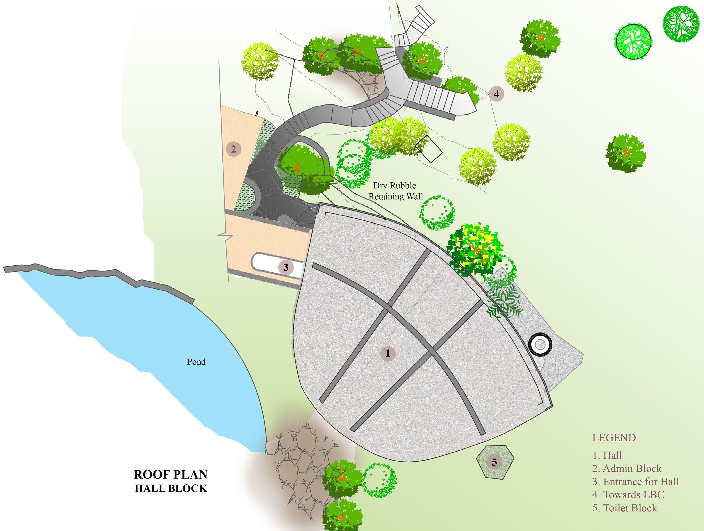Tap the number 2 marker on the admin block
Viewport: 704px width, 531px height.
click(233, 149)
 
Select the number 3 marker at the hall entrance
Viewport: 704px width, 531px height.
click(286, 267)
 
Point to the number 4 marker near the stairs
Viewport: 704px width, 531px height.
click(497, 94)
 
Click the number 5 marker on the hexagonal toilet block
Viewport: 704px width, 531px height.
click(494, 462)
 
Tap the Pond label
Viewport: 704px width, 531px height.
click(196, 362)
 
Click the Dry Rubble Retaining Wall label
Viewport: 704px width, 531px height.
click(395, 191)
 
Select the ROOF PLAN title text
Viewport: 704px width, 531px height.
click(170, 474)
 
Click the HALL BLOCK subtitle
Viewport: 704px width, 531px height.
click(171, 489)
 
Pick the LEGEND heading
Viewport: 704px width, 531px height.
click(614, 438)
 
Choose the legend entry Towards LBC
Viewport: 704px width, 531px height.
click(628, 495)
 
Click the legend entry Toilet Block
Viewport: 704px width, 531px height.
click(625, 508)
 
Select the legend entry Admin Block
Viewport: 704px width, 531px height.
click(627, 468)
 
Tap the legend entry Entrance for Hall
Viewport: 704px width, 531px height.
click(635, 482)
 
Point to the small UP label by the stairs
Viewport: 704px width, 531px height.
click(485, 98)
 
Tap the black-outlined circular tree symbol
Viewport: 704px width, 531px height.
click(633, 42)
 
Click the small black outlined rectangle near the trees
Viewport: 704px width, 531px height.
click(429, 149)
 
